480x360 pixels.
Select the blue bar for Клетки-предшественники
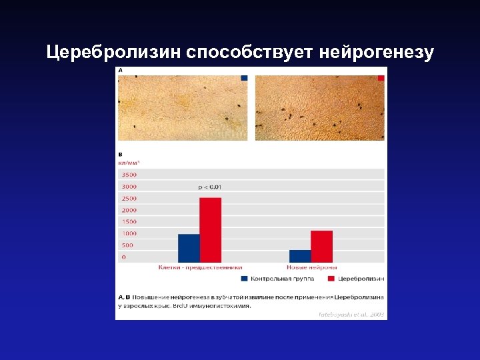tap(189, 248)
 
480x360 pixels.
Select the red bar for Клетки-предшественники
tap(210, 230)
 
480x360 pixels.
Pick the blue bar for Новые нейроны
tap(300, 256)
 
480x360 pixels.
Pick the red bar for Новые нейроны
tap(321, 246)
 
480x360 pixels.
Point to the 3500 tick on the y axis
tap(129, 175)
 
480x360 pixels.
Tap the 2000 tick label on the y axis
tap(129, 210)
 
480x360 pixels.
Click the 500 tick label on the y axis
tap(127, 245)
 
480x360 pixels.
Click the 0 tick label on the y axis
tap(123, 257)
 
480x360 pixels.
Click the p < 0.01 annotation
tap(210, 187)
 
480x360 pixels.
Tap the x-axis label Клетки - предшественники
tap(191, 267)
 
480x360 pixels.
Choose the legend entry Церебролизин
tap(360, 278)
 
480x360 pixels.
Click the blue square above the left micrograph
tap(244, 78)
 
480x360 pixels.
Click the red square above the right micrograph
tap(381, 78)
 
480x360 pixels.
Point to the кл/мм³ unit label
tap(129, 163)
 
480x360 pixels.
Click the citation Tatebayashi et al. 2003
tap(351, 313)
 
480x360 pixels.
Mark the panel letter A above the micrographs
tap(121, 70)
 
